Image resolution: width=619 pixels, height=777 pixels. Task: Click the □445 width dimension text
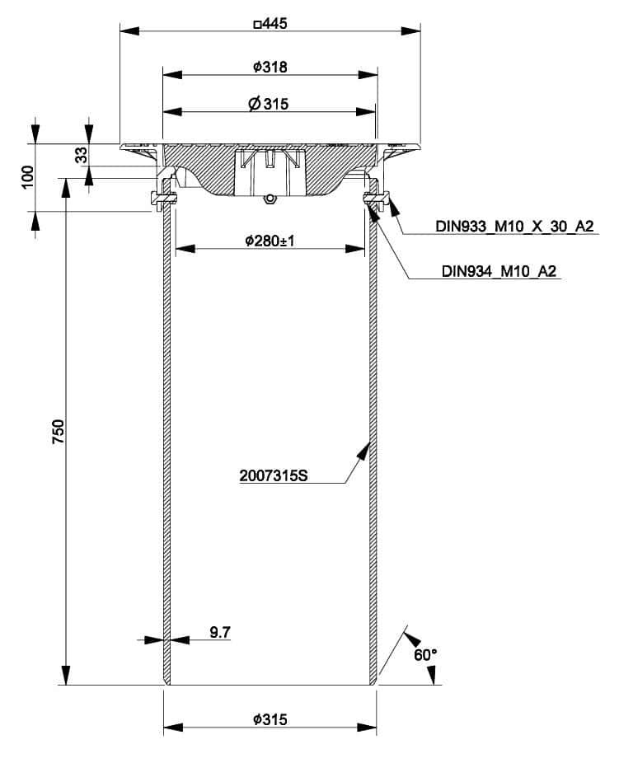point(270,25)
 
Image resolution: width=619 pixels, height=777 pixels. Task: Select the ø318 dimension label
point(270,68)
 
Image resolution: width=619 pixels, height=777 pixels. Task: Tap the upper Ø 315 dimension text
point(270,105)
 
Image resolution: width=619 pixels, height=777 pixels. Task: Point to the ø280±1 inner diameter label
point(270,241)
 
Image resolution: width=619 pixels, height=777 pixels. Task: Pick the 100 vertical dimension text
point(29,176)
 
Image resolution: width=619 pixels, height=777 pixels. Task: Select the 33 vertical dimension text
point(82,155)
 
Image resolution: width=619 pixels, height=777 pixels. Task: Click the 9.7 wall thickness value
point(220,632)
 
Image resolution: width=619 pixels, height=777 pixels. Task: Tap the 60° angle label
point(424,655)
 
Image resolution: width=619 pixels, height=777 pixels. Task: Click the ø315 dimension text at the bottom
point(270,719)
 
